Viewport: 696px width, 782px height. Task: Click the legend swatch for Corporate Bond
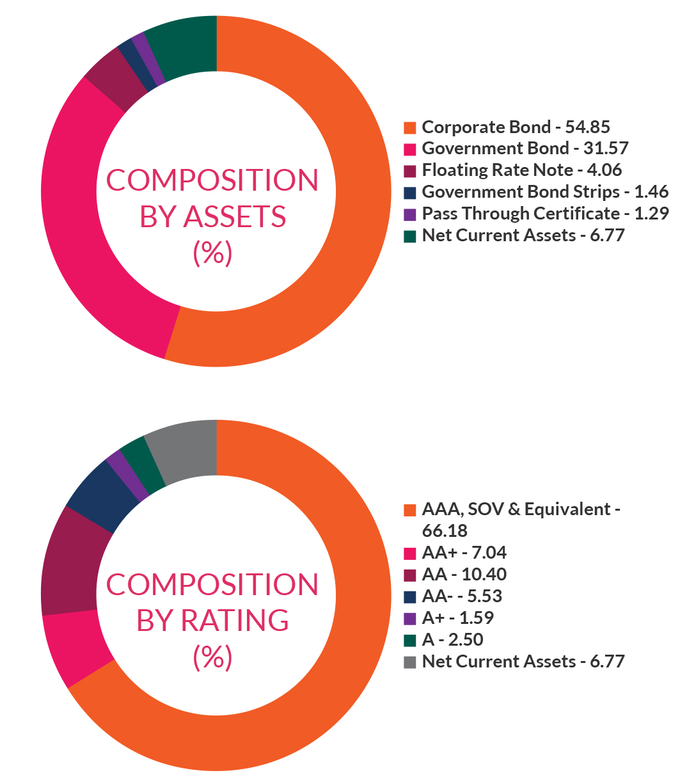pyautogui.click(x=410, y=127)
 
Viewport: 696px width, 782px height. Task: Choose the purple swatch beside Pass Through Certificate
pyautogui.click(x=410, y=214)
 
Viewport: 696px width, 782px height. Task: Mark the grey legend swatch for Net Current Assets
pyautogui.click(x=410, y=662)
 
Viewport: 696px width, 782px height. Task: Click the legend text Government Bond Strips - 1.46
pyautogui.click(x=545, y=192)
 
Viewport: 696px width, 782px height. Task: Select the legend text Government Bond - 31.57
pyautogui.click(x=525, y=148)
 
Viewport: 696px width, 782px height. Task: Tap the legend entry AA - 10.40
pyautogui.click(x=464, y=575)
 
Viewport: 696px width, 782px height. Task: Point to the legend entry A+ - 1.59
pyautogui.click(x=458, y=618)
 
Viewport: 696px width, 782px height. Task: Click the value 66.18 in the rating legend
pyautogui.click(x=445, y=531)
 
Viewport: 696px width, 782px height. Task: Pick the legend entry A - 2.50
pyautogui.click(x=453, y=640)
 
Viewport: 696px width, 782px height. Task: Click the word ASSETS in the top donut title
pyautogui.click(x=235, y=218)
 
